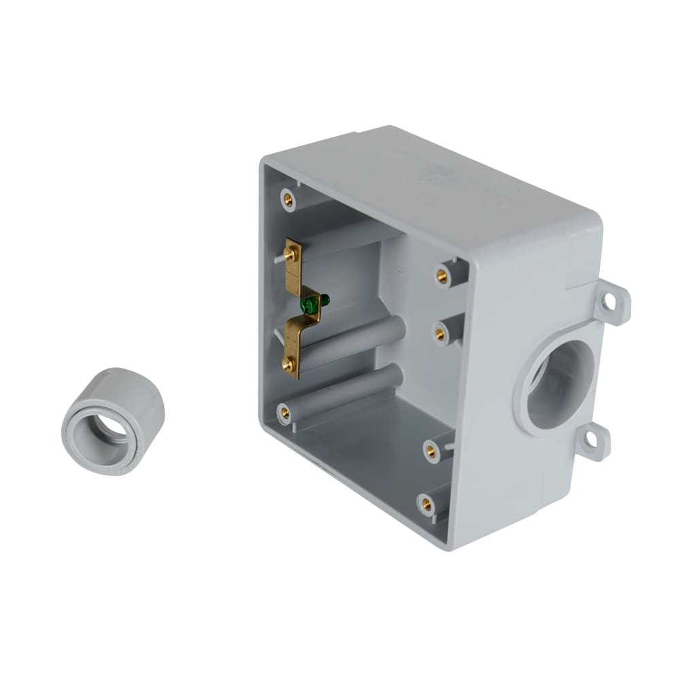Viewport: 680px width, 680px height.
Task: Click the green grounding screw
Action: tap(311, 304)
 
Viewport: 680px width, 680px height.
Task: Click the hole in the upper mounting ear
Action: tap(609, 301)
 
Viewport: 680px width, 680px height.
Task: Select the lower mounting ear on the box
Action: tap(594, 441)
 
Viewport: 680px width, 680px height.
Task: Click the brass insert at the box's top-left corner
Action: tap(288, 200)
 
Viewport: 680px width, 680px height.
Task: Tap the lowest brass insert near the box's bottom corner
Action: tap(426, 504)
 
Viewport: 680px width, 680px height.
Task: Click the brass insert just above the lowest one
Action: tap(431, 449)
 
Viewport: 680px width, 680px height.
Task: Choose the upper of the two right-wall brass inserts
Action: tap(442, 275)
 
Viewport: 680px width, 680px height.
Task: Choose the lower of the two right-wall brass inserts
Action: tap(440, 334)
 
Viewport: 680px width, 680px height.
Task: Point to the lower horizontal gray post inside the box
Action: tap(360, 387)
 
